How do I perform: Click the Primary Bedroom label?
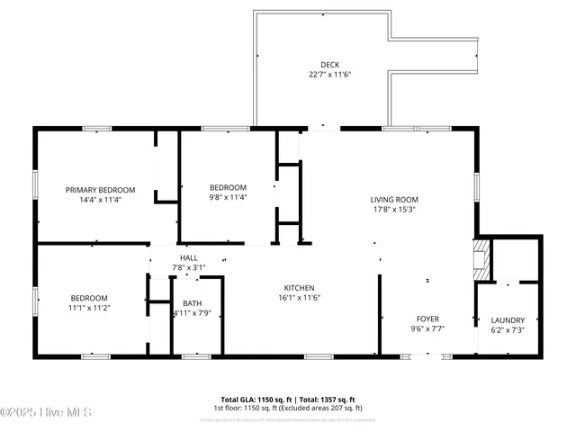pos(100,190)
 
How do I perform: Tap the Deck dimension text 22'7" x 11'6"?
pos(329,74)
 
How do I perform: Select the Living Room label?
pos(394,200)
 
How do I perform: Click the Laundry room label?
pos(508,320)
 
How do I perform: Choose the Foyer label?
pos(427,319)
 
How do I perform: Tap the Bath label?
pos(193,303)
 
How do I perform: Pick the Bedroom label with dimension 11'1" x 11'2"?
pos(90,298)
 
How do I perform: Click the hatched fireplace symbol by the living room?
pos(482,257)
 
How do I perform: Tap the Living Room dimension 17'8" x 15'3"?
pos(394,210)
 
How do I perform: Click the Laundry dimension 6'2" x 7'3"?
pos(508,330)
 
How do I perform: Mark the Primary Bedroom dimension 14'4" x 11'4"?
pos(100,200)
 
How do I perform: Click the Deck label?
pos(329,64)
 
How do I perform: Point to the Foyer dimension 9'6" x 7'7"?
pos(427,328)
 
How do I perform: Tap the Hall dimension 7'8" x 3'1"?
pos(189,267)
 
